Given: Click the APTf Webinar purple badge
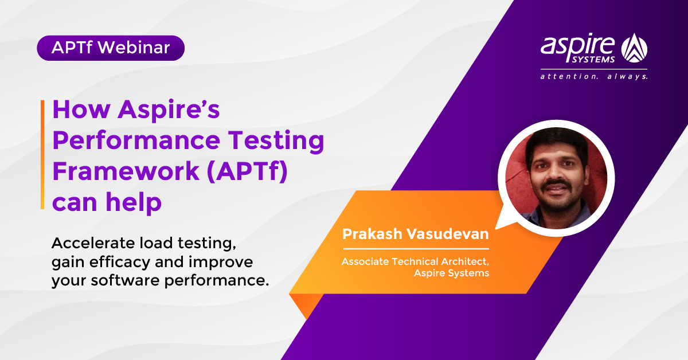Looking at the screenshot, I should tap(111, 48).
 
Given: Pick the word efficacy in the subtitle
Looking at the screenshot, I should tap(135, 263).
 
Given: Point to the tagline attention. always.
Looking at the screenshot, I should tap(594, 76).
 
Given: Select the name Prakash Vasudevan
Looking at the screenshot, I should tap(415, 234).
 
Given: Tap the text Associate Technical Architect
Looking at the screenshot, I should tap(415, 261).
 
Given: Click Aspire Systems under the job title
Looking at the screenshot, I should tap(451, 273).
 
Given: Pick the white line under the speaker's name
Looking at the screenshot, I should tap(415, 249).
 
